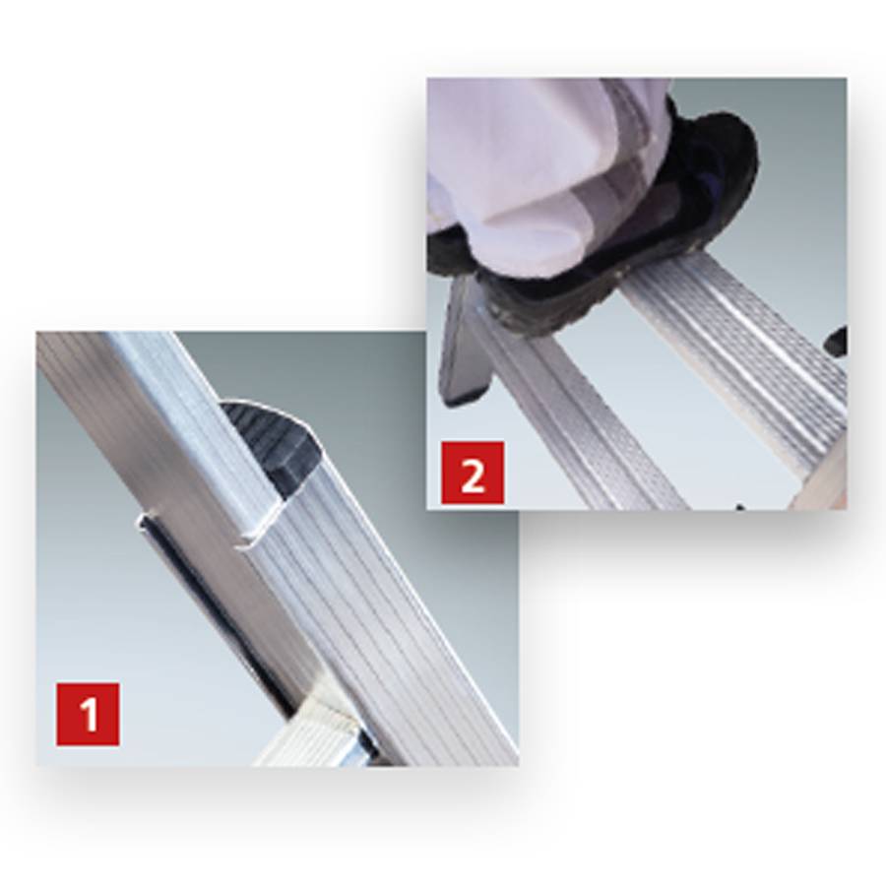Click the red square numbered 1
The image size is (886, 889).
tap(89, 713)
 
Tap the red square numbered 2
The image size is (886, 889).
tap(472, 475)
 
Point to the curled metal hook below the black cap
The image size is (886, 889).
tap(254, 531)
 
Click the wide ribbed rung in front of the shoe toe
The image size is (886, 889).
tap(748, 345)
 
